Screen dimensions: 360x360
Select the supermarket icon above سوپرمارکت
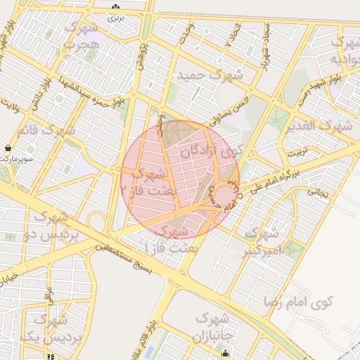(7, 148)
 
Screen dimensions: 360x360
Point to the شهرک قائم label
(48, 130)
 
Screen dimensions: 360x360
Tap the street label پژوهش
(142, 52)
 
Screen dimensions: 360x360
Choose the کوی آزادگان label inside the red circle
(211, 151)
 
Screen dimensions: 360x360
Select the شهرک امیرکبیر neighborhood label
(264, 240)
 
